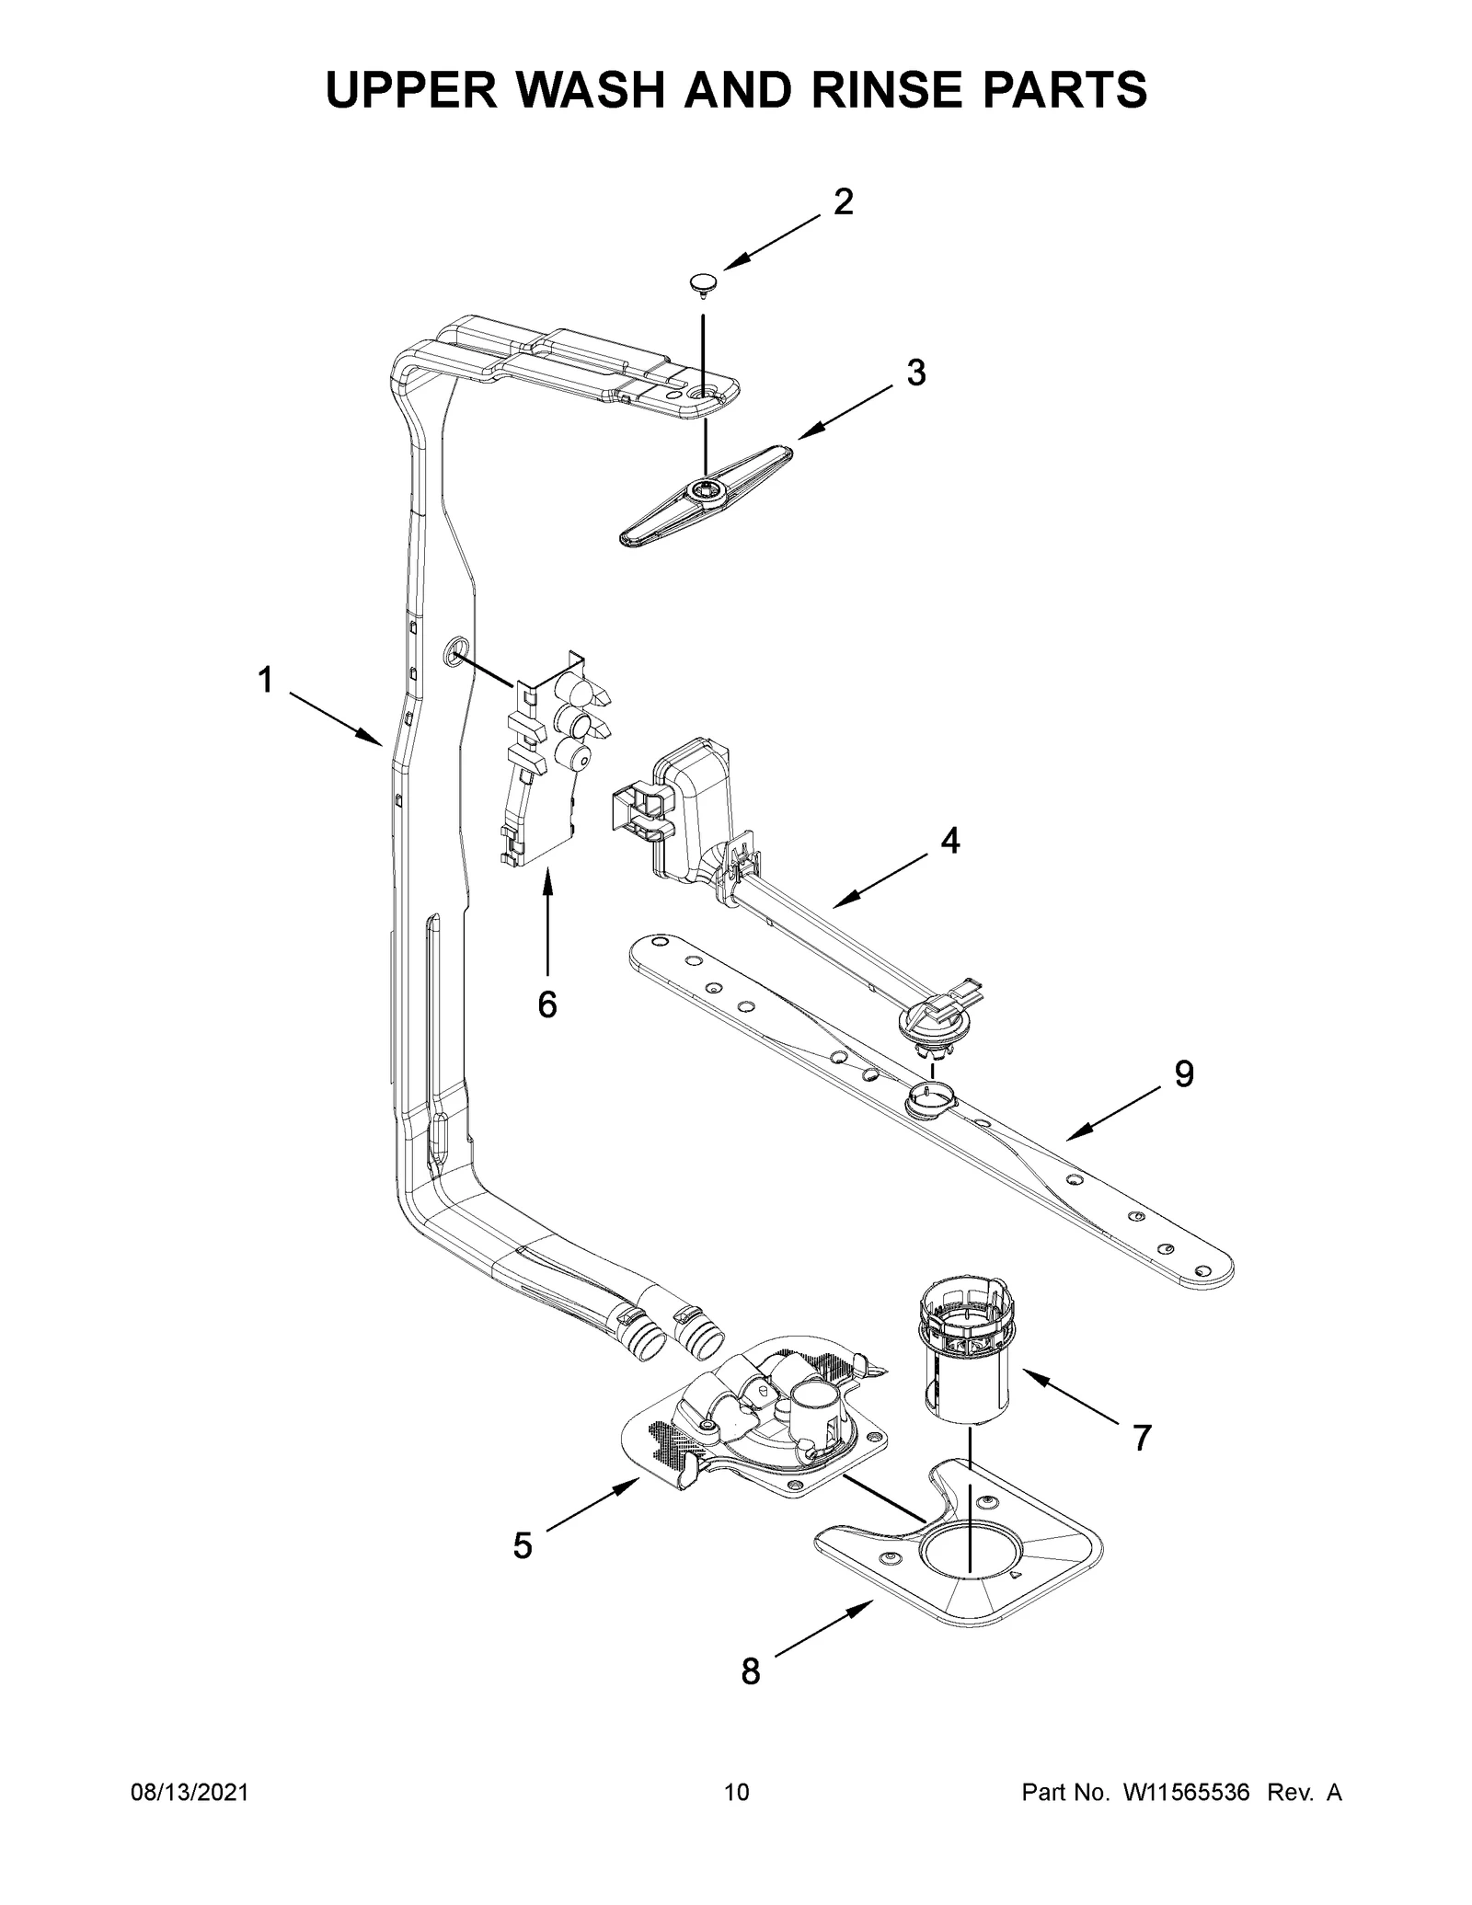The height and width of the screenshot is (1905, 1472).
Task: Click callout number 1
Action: pos(265,682)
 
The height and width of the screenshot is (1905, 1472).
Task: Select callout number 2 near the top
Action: pos(843,202)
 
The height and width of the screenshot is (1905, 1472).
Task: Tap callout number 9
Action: pos(1184,1073)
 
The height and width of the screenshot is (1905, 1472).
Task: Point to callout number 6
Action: pos(547,1005)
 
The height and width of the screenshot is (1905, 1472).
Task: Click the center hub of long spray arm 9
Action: pos(931,1097)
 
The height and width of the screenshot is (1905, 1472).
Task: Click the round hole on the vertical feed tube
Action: pos(454,653)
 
